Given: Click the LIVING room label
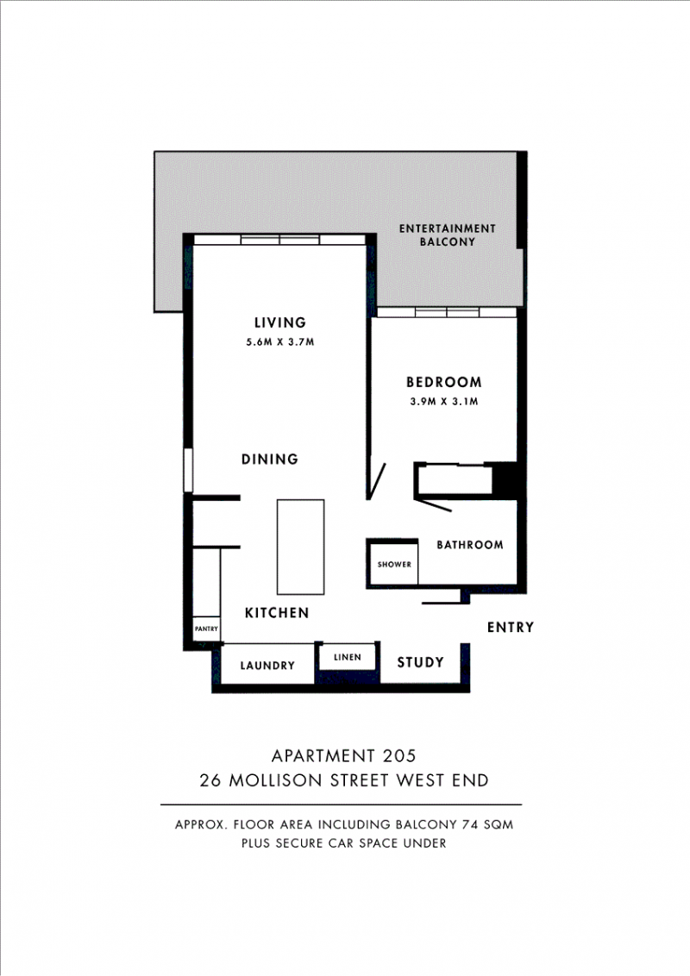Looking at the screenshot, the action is (x=279, y=322).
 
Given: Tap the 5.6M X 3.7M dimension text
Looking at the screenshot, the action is (x=279, y=341).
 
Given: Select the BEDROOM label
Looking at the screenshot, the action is (x=444, y=382).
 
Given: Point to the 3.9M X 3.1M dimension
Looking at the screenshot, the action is (x=444, y=402).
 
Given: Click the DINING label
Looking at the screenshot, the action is (x=270, y=460).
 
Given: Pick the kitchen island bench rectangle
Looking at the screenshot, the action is (x=301, y=547).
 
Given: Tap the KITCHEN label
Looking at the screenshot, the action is (x=277, y=613).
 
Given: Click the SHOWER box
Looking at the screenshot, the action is (x=393, y=564).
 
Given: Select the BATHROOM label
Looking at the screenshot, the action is (x=470, y=545).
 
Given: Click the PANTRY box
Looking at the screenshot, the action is (x=206, y=629).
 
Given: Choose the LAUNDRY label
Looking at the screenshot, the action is (x=267, y=666).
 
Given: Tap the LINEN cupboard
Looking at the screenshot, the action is (x=347, y=657).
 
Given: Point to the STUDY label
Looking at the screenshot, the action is (x=420, y=662).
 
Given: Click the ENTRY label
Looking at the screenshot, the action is (x=511, y=628).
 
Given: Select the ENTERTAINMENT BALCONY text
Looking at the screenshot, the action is (x=447, y=235).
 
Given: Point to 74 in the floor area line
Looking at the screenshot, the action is (x=469, y=825).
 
